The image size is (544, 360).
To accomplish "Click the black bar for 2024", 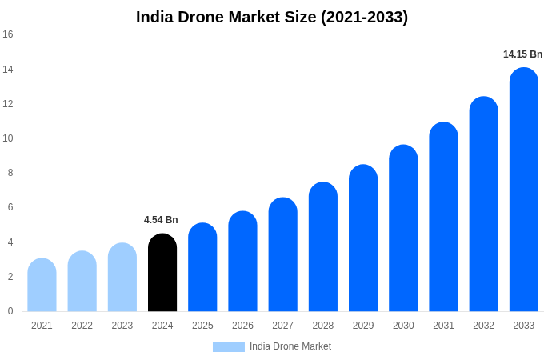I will click(162, 273).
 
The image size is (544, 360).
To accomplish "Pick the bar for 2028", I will click(323, 247).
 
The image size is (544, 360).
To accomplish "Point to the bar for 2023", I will click(122, 278).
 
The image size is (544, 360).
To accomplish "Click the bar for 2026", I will click(242, 262).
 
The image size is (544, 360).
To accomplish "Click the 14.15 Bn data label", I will click(522, 54).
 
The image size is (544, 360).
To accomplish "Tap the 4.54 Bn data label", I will click(161, 220).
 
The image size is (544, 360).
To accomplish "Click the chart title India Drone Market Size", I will click(272, 17).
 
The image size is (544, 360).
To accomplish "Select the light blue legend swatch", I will click(228, 347).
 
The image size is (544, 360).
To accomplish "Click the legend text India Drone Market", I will click(290, 346).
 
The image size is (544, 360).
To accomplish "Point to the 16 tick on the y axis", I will click(8, 34).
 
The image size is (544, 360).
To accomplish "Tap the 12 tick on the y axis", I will click(8, 104).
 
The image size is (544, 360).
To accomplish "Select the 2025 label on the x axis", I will click(202, 326).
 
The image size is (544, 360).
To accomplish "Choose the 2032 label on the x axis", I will click(483, 326).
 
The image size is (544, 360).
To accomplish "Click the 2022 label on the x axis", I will click(82, 326).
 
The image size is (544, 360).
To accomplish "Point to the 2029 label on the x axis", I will click(363, 326).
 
